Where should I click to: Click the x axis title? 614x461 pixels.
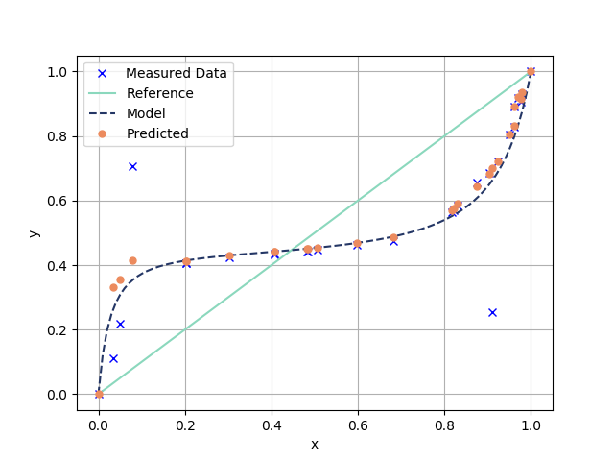(315, 444)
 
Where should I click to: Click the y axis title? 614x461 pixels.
(34, 233)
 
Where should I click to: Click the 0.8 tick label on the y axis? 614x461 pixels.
(57, 136)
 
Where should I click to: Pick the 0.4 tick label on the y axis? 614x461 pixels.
(57, 265)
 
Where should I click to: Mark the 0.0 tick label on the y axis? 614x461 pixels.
(57, 395)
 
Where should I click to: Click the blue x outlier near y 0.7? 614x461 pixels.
(132, 166)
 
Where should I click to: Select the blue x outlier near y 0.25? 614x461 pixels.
(492, 312)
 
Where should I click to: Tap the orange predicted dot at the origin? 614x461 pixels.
(99, 394)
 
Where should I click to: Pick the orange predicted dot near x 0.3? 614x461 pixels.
(229, 256)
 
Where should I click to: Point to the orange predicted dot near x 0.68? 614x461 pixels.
(393, 237)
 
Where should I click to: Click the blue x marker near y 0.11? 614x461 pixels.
(113, 358)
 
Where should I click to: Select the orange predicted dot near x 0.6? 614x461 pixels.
(357, 244)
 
